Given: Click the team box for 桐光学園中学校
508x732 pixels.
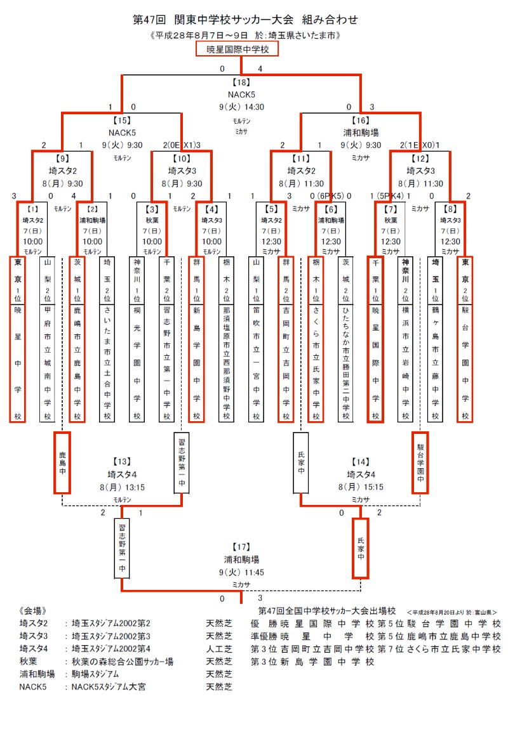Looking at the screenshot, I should coord(137,339).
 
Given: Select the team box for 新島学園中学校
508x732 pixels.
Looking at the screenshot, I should coord(196,339).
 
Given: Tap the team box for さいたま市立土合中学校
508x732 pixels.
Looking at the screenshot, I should coord(106,339).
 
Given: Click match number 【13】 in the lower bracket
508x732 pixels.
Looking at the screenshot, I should coord(122,461).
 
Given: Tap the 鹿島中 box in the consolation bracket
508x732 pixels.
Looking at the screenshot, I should coord(62,462).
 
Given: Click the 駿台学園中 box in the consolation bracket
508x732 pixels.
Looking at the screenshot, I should coord(420,462).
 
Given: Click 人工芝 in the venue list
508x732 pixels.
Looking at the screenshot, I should coord(219,648).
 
